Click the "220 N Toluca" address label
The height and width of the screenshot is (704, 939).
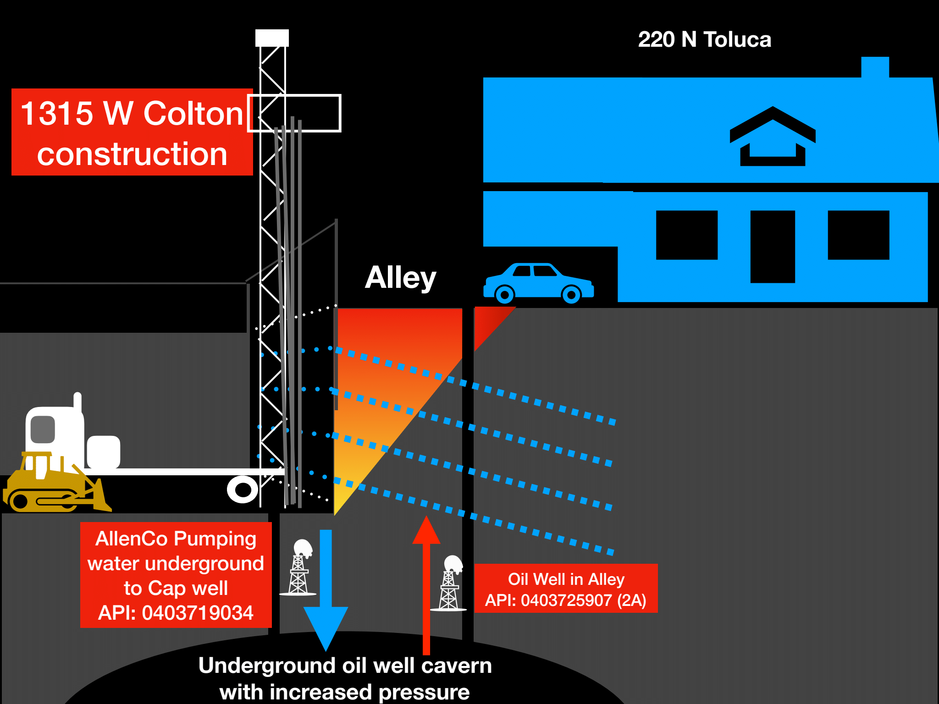tap(704, 39)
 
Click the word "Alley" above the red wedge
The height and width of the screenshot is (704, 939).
tap(400, 278)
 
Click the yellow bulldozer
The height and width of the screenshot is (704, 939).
tap(55, 486)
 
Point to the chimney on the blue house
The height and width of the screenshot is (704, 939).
tap(875, 67)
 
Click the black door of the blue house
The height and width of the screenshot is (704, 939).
tap(772, 247)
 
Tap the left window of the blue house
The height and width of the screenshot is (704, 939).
tap(686, 235)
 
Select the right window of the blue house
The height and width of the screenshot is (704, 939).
tap(858, 235)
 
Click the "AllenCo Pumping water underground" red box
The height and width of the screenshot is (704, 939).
tap(176, 575)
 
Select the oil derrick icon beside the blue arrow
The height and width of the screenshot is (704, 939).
tap(299, 568)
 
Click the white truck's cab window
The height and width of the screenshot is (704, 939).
tap(43, 429)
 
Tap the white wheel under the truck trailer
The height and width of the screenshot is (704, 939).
tap(243, 489)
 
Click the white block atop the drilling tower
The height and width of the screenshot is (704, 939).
tap(272, 38)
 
